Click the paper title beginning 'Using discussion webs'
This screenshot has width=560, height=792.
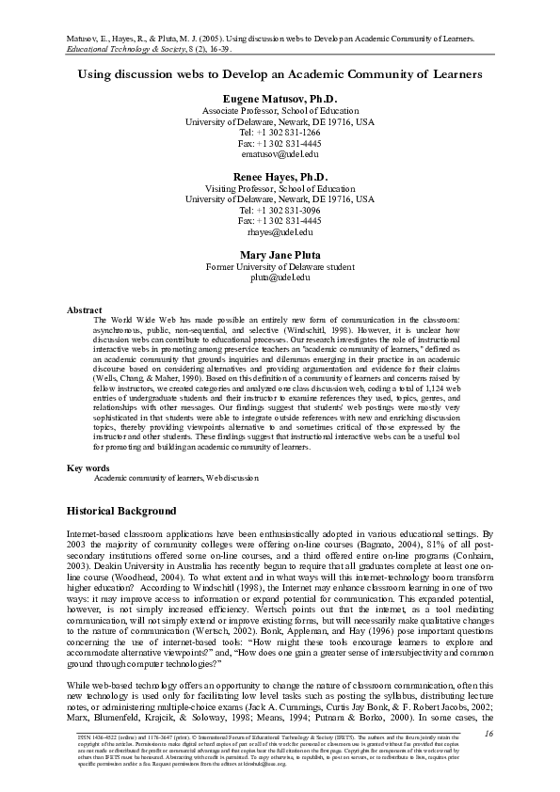click(x=280, y=72)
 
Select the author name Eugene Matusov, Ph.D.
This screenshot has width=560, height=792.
click(x=280, y=99)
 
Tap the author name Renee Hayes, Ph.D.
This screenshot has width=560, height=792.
click(x=280, y=177)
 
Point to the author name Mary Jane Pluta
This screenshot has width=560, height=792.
click(x=280, y=255)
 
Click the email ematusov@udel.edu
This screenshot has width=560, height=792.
click(x=280, y=154)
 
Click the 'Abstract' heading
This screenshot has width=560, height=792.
click(x=85, y=309)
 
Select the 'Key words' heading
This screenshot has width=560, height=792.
click(x=88, y=467)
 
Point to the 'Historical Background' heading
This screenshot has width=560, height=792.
click(x=120, y=511)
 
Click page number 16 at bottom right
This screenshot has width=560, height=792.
click(x=488, y=733)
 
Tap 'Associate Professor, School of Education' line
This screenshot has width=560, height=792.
click(x=280, y=110)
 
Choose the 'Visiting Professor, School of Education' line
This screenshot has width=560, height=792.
click(x=280, y=188)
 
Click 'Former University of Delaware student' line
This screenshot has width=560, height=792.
click(x=280, y=266)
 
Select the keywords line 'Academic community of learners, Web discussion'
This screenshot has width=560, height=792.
click(x=175, y=478)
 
